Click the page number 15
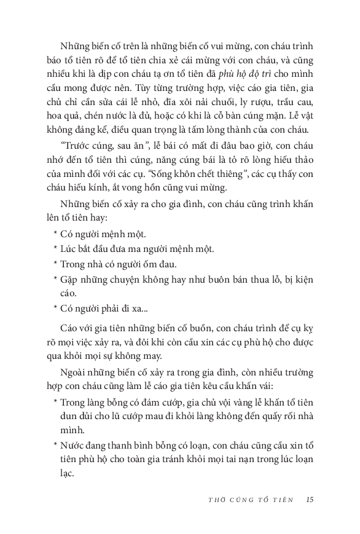tap(310, 498)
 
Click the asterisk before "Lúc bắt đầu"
tap(55, 249)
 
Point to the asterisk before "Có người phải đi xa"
tap(55, 309)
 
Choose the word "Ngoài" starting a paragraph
tap(74, 371)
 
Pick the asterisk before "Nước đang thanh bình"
tap(55, 445)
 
